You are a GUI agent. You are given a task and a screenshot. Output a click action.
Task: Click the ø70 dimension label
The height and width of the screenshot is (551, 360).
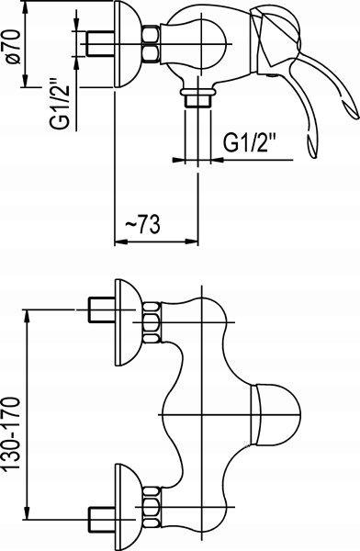14,47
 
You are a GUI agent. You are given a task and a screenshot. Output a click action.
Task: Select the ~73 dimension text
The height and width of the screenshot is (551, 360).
142,225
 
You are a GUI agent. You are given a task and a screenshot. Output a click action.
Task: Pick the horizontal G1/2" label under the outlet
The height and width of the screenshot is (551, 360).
250,142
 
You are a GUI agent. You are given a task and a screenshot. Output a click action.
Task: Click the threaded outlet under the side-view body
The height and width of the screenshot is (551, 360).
197,98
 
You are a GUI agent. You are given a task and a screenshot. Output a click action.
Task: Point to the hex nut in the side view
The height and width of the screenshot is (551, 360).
152,44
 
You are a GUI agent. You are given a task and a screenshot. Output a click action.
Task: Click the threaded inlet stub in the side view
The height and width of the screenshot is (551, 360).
100,44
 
